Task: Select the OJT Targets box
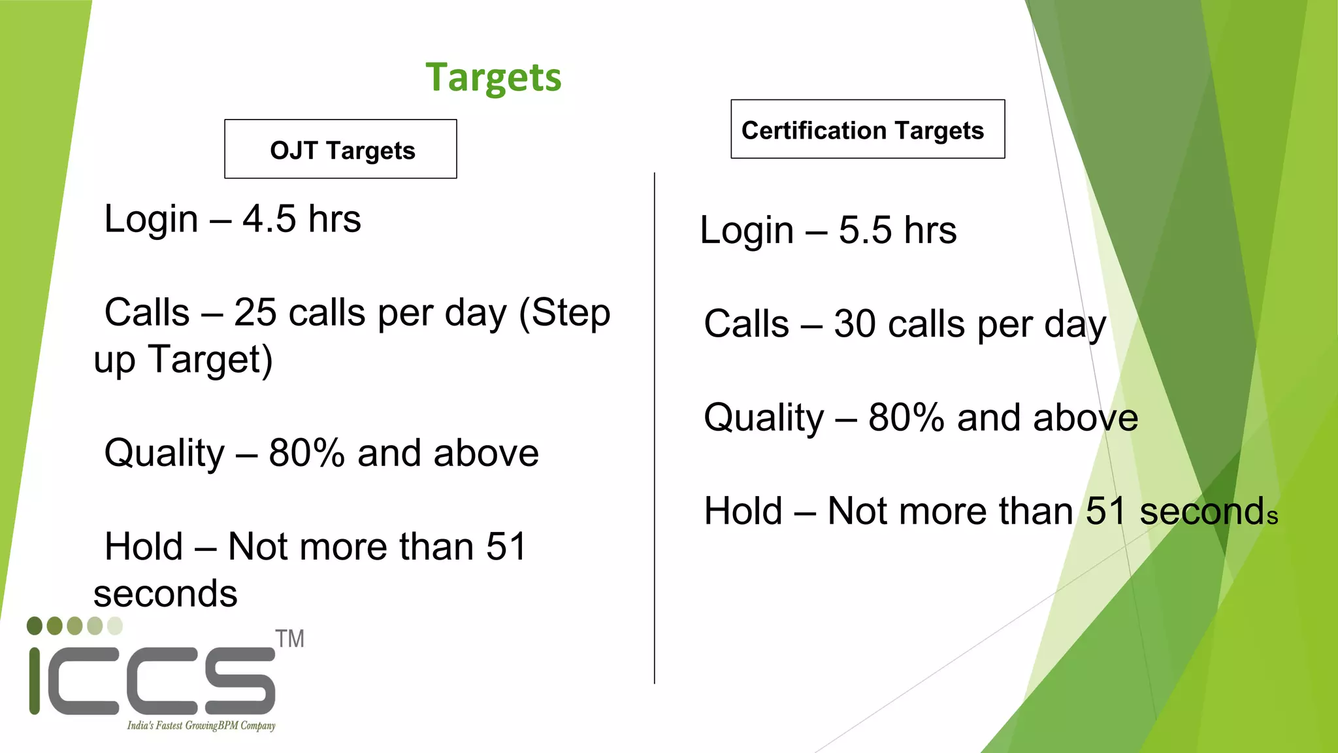(x=340, y=149)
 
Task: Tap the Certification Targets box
(x=867, y=129)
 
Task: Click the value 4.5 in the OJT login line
(x=269, y=219)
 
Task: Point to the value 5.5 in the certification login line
(x=864, y=231)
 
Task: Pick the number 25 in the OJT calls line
(x=255, y=312)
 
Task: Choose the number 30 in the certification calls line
(x=855, y=324)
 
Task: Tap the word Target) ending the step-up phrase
(x=210, y=360)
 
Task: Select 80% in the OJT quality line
(x=306, y=453)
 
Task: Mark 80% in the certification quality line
(x=906, y=418)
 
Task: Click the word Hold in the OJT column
(x=144, y=546)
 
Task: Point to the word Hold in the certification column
(x=743, y=511)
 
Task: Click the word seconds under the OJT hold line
(x=165, y=594)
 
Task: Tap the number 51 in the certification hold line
(x=1106, y=511)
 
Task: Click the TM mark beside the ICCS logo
(x=289, y=639)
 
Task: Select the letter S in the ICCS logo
(x=240, y=681)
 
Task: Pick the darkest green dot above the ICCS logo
(x=35, y=626)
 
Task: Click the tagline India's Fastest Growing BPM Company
(x=201, y=726)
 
